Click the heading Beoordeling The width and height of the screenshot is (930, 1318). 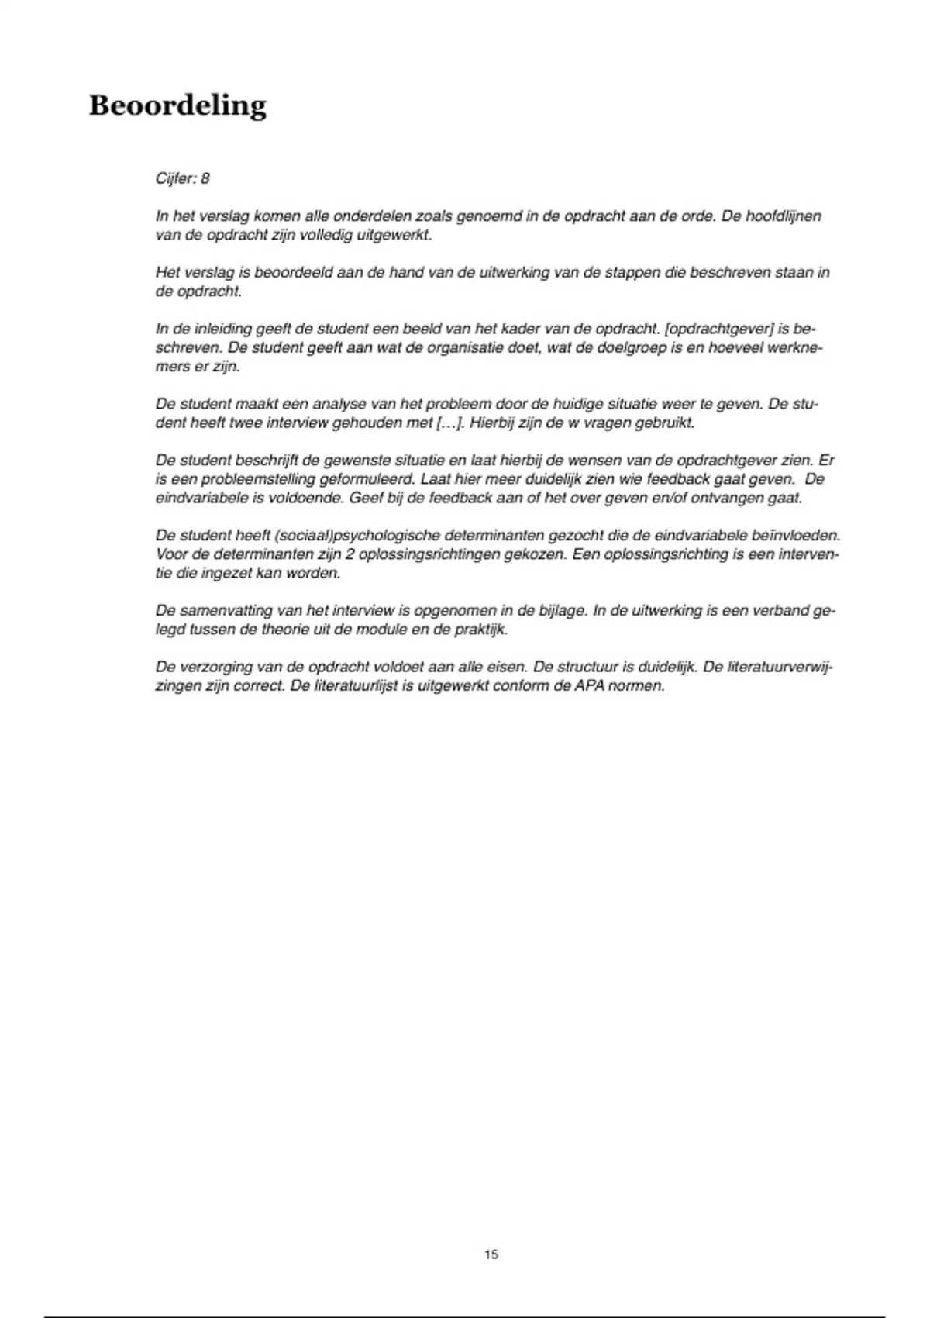click(177, 105)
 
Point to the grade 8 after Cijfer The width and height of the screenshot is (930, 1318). click(205, 178)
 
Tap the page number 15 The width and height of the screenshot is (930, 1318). click(491, 1254)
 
